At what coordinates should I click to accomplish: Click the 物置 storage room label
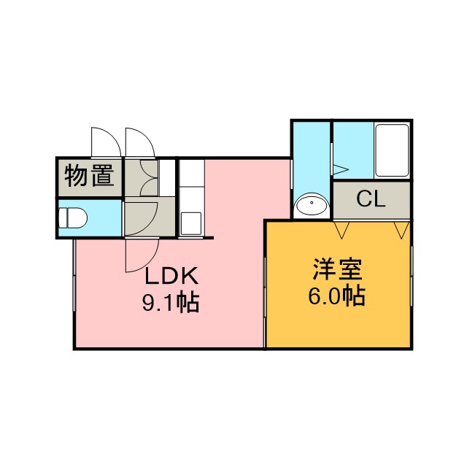coord(90,175)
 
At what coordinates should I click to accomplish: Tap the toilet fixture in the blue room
coord(73,217)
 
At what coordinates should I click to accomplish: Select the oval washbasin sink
coord(312,204)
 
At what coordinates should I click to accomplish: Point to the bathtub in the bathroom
coord(392,150)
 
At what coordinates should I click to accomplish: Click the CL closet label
coord(371,199)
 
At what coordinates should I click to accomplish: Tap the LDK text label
coord(171,276)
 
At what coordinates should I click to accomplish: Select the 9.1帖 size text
coord(170,303)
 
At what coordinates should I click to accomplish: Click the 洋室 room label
coord(338,270)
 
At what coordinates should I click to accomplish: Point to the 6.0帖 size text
coord(336,296)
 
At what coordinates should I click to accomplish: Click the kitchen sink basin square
coord(191,223)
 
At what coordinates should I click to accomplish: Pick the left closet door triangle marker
coord(341,230)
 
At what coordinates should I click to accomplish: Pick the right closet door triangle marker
coord(401,230)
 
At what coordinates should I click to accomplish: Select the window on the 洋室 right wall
coord(412,277)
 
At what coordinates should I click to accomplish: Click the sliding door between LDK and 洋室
coord(265,302)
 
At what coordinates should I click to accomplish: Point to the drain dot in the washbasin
coord(312,203)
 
